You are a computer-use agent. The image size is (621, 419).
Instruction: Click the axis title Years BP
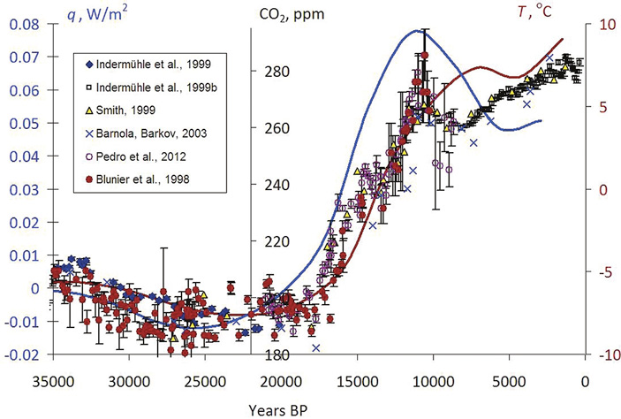(318, 408)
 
